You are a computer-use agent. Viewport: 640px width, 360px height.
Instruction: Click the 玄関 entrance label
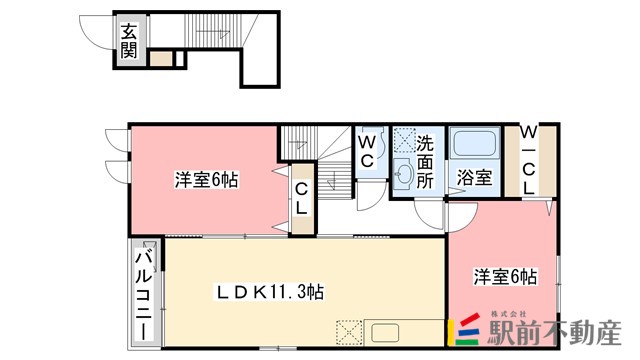pyautogui.click(x=129, y=41)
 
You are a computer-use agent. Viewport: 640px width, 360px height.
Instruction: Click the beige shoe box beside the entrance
pyautogui.click(x=161, y=58)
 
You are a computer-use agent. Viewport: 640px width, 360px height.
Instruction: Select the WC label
pyautogui.click(x=367, y=150)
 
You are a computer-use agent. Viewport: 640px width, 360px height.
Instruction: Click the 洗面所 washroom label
pyautogui.click(x=425, y=160)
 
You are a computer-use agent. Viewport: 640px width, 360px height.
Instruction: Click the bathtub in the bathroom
pyautogui.click(x=473, y=144)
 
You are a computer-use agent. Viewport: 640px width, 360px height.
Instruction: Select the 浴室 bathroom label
pyautogui.click(x=474, y=178)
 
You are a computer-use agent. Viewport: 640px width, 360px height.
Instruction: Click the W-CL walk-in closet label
pyautogui.click(x=528, y=160)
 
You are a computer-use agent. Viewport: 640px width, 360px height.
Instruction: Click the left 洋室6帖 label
pyautogui.click(x=206, y=180)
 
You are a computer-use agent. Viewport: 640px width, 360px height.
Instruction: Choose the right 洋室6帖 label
pyautogui.click(x=505, y=276)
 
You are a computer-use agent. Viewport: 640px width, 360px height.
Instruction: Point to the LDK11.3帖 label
pyautogui.click(x=270, y=292)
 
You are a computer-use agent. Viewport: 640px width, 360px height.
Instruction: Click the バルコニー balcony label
pyautogui.click(x=143, y=292)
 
